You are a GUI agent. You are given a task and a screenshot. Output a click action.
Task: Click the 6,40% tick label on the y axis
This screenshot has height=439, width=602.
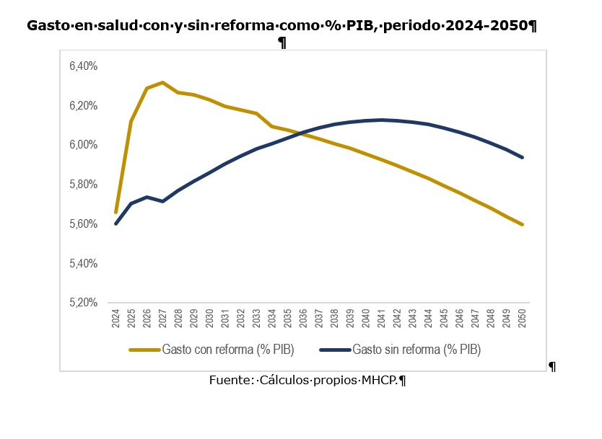(x=83, y=66)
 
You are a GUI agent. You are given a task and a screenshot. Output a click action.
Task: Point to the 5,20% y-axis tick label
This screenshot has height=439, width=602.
(x=83, y=303)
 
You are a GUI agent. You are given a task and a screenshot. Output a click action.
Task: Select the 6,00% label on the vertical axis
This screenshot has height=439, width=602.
(x=83, y=145)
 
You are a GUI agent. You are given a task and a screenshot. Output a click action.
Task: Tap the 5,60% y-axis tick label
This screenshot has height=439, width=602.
(x=83, y=224)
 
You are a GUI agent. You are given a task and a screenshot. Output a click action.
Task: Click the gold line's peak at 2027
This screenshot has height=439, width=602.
(x=162, y=82)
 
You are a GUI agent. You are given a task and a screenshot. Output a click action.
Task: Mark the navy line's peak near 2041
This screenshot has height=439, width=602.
(x=382, y=120)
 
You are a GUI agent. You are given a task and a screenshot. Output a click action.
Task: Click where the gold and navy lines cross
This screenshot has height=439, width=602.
(x=298, y=133)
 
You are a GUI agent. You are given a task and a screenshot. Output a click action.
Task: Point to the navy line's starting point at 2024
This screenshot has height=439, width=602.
(x=115, y=223)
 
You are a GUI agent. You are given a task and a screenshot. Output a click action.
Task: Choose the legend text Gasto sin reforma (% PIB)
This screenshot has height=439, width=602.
(x=416, y=350)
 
